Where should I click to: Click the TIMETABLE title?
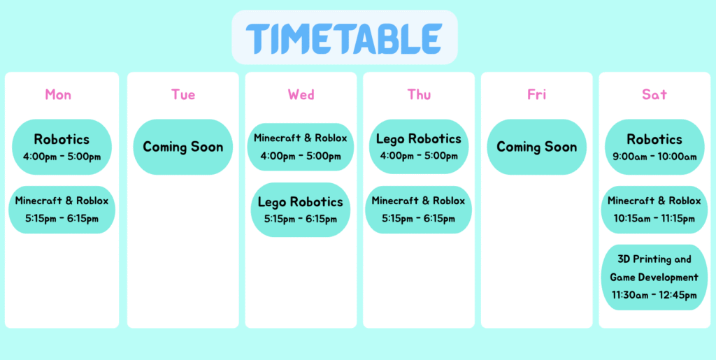coord(344,38)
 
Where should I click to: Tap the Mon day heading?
coord(58,94)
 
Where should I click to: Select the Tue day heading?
coord(183,94)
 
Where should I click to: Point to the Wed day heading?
coord(301,94)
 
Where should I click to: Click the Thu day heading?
coord(420,94)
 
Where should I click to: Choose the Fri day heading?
coord(537,94)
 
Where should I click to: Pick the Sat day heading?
coord(654,94)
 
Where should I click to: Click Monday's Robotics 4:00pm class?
coord(62,147)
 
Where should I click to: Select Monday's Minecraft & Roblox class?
coord(62,210)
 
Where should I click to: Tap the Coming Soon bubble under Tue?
coord(183,147)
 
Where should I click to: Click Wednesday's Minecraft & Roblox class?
coord(301,147)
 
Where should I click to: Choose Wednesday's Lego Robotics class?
coord(301,210)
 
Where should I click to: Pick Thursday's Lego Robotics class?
coord(419,147)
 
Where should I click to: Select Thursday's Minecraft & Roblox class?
coord(418,210)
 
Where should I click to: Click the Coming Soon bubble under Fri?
coord(536,147)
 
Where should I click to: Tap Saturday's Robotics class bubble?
coord(654,147)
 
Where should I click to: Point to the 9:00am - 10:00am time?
coord(654,157)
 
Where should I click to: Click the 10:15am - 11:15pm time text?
coord(654,219)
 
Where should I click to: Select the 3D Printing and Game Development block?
coord(654,278)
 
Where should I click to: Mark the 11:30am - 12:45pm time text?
coord(654,295)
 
